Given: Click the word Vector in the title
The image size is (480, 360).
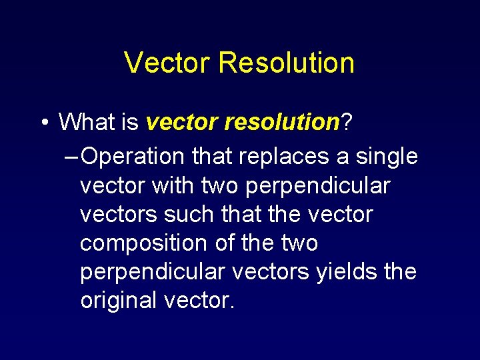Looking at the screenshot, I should click(167, 63).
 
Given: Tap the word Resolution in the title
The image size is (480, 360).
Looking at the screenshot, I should click(286, 63).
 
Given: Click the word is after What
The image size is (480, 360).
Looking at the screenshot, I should click(131, 123).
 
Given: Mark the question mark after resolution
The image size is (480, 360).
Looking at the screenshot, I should click(347, 123).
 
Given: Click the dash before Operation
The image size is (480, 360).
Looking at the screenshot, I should click(71, 157).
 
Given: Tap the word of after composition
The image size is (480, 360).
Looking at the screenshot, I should click(227, 243).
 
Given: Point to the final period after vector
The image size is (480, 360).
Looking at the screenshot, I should click(231, 306).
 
